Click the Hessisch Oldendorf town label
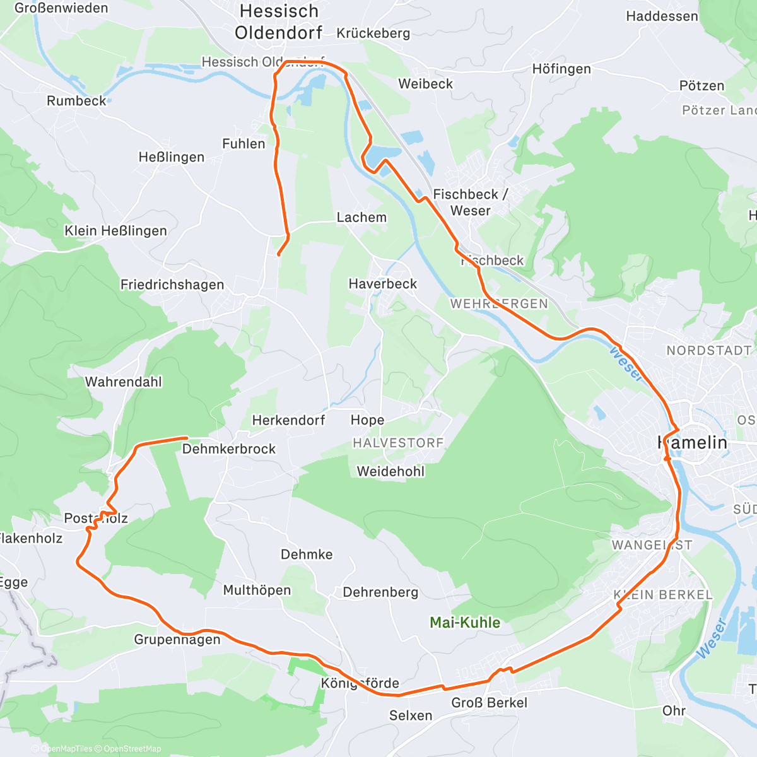278,22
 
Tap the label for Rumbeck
76,101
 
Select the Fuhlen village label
244,144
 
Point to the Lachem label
361,218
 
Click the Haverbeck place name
383,284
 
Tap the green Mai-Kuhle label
465,623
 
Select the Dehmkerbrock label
229,449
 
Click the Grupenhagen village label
177,640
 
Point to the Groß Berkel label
489,703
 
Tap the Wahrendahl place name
124,382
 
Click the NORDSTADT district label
709,350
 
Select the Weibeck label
426,84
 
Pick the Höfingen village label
561,69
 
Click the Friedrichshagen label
172,285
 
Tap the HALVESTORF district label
398,443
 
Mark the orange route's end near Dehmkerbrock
187,437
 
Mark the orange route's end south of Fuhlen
278,254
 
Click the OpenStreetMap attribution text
132,749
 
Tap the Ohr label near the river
674,711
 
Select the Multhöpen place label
257,590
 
